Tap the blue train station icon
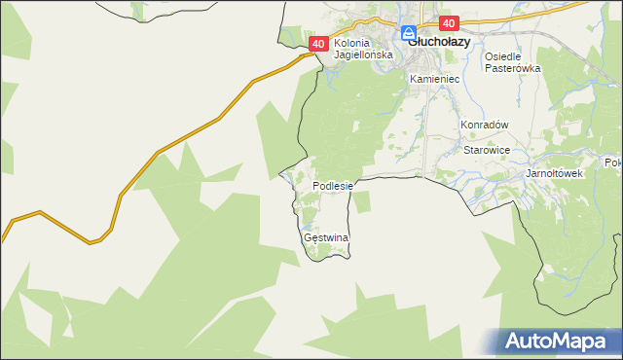coord(409,33)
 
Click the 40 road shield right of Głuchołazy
coord(448,23)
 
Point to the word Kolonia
coord(352,44)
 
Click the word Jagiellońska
coord(363,55)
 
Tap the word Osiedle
coord(505,56)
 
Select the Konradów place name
coord(486,126)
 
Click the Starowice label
coord(487,151)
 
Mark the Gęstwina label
coord(326,237)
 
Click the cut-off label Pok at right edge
coord(613,162)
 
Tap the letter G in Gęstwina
coord(308,237)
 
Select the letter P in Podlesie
coord(315,185)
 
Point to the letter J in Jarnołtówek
coord(528,173)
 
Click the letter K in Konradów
coord(464,126)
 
